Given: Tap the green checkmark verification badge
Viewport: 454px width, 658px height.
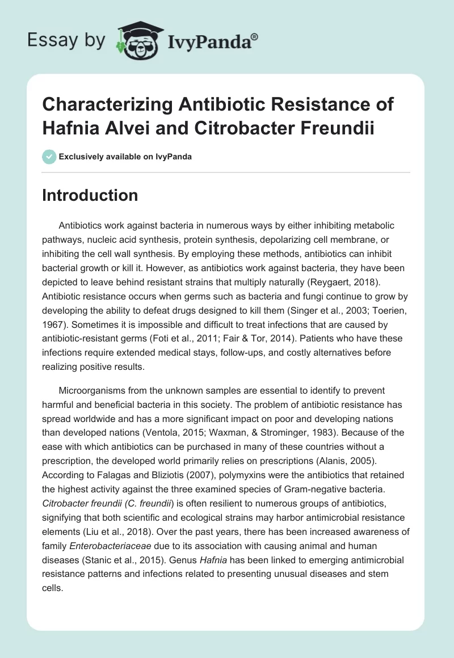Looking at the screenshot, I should (49, 157).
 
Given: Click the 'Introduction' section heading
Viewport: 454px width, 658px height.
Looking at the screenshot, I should (90, 195).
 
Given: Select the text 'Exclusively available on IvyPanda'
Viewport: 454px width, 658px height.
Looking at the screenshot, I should (125, 157).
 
